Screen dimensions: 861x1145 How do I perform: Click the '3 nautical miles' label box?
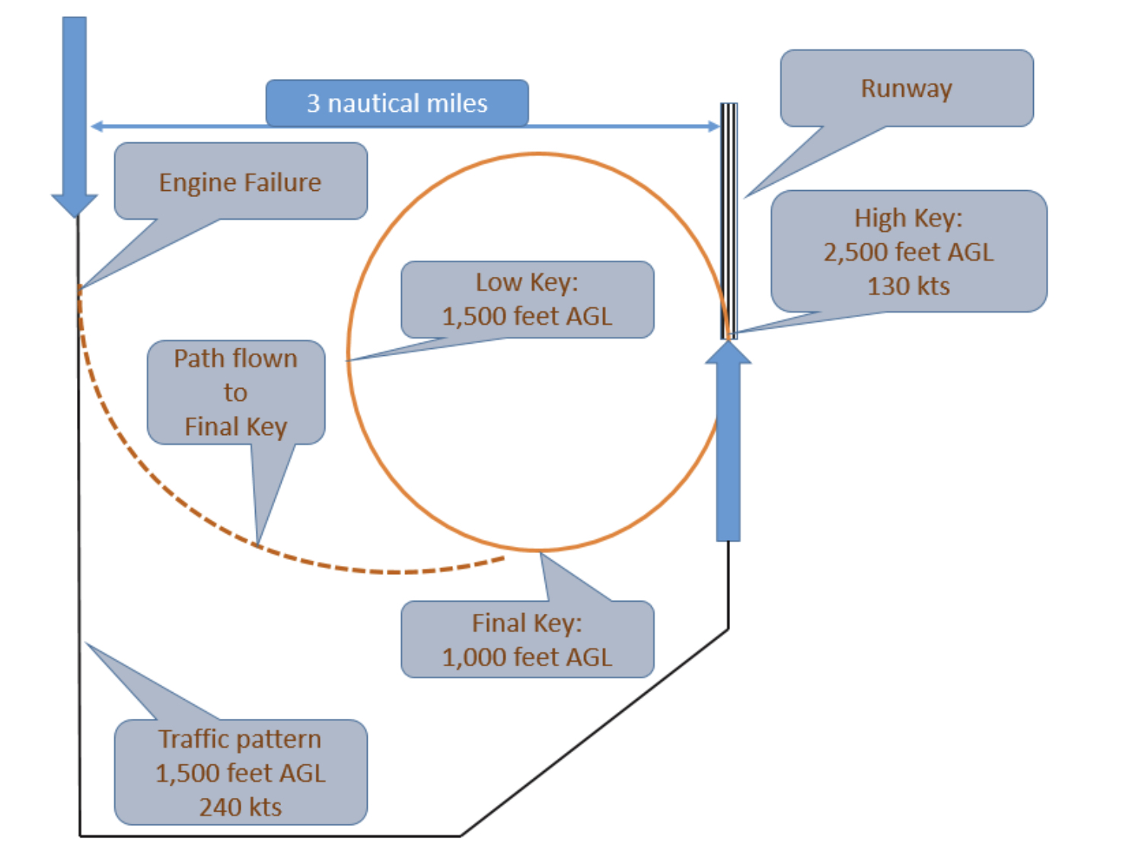click(397, 103)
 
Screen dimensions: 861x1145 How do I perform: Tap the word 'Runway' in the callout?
click(906, 88)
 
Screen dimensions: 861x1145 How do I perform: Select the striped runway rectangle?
click(729, 221)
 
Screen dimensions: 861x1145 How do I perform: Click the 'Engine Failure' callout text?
click(240, 183)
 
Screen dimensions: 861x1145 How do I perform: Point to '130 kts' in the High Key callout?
click(908, 286)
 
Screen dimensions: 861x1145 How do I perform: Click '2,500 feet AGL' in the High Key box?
click(908, 252)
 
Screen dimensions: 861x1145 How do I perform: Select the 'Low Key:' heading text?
click(527, 282)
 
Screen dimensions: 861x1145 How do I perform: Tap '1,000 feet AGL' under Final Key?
click(527, 656)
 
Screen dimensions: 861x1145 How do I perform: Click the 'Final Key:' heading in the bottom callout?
click(527, 623)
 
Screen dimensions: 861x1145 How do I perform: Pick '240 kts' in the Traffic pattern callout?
click(240, 806)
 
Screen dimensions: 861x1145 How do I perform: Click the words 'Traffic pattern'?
click(240, 739)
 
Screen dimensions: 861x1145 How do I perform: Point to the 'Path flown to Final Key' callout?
click(235, 392)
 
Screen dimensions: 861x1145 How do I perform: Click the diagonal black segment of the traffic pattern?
click(594, 732)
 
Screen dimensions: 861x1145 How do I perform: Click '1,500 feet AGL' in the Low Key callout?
click(527, 316)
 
